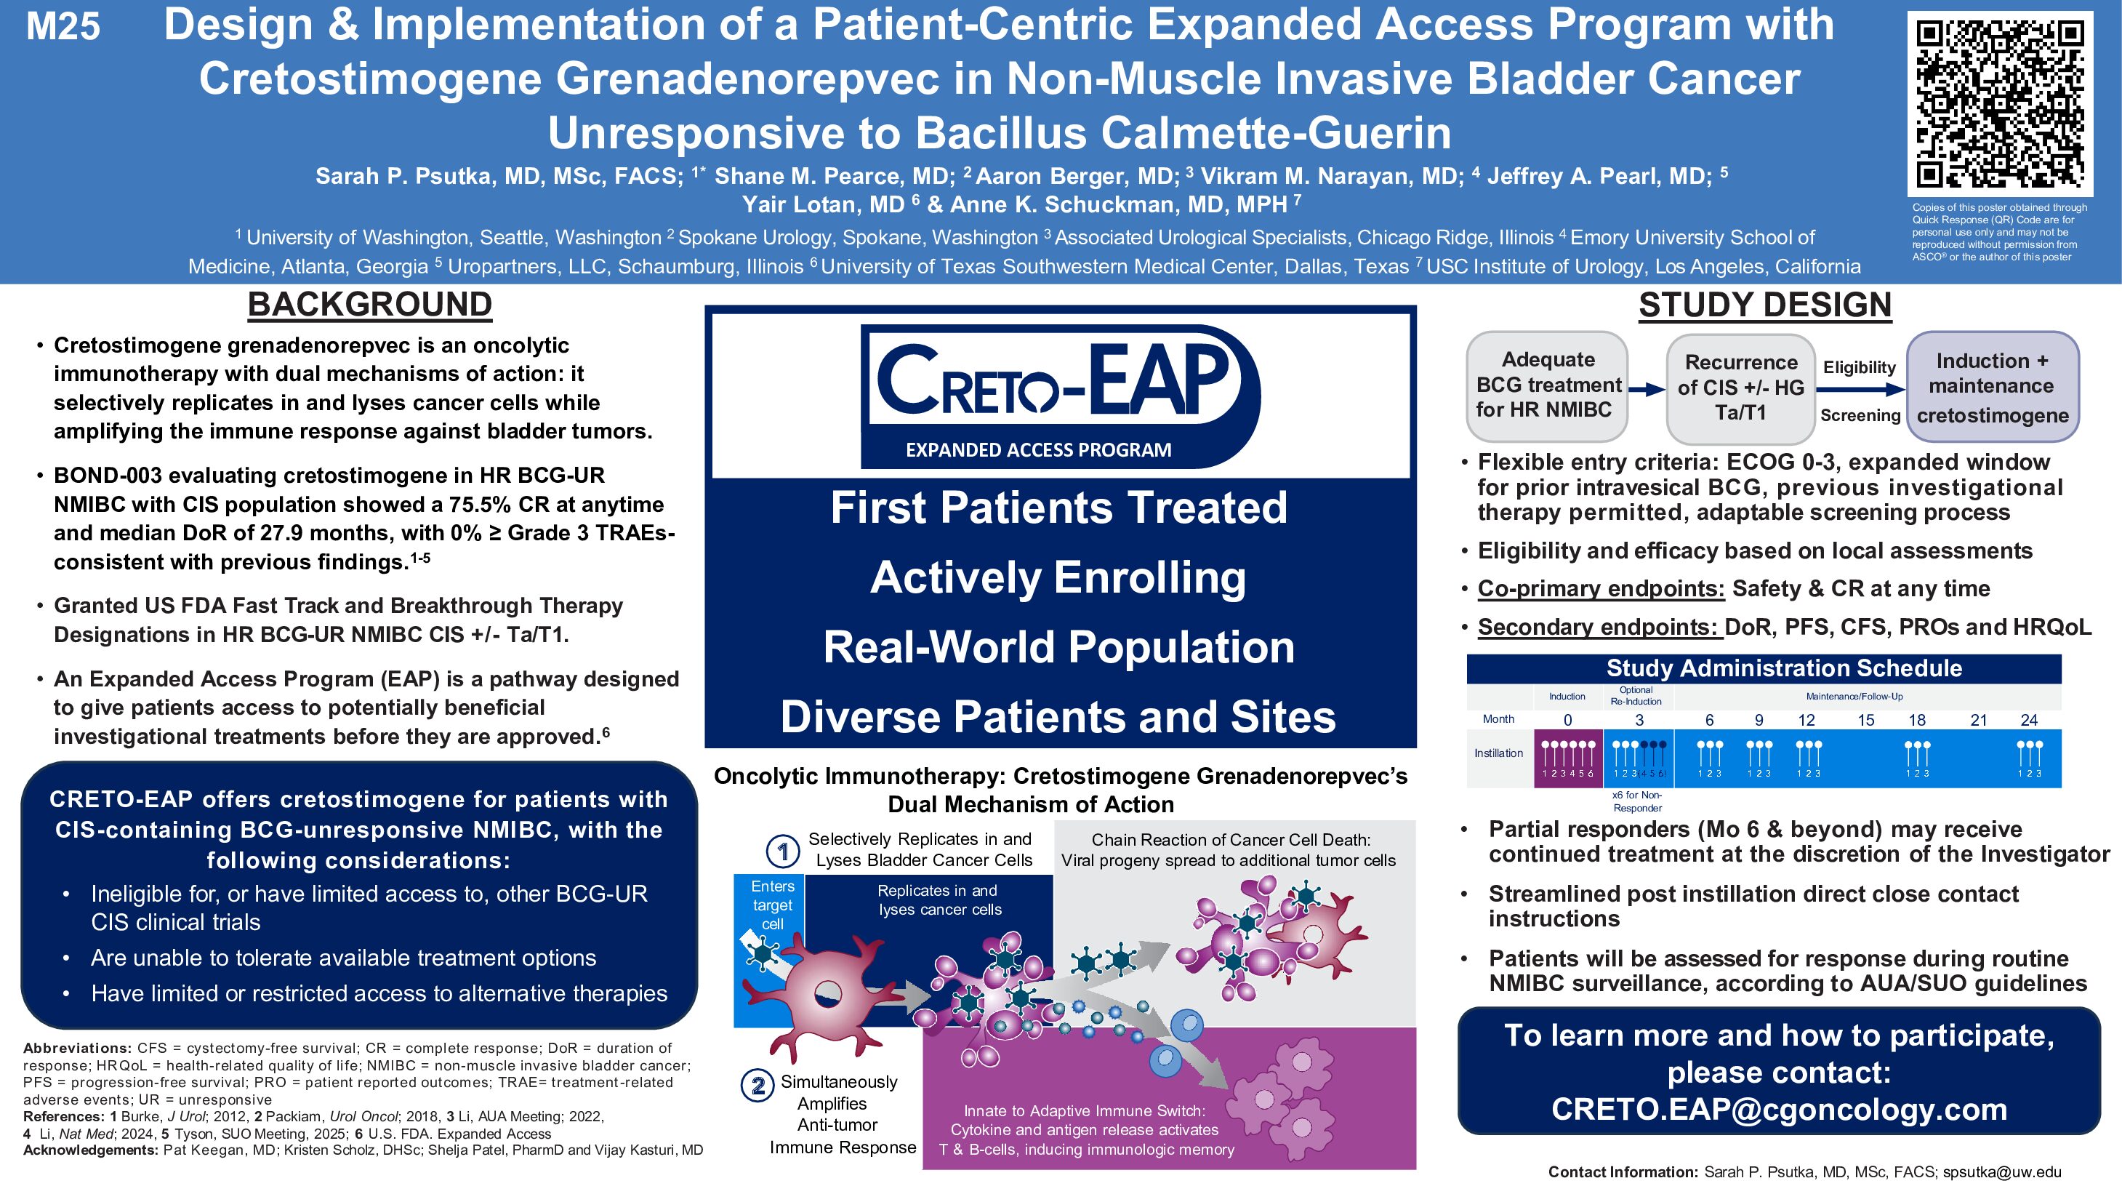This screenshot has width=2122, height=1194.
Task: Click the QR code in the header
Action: click(2000, 104)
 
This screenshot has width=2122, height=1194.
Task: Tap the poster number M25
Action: click(63, 26)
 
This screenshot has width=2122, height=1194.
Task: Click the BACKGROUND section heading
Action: click(370, 304)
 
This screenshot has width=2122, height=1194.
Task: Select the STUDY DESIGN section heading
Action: click(1764, 305)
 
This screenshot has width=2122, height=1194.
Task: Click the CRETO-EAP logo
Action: click(1060, 396)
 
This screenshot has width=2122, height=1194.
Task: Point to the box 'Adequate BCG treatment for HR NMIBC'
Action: click(1547, 385)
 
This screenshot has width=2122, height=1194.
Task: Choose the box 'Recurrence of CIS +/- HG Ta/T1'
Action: click(1740, 388)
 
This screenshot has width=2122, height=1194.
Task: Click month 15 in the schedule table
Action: click(1866, 719)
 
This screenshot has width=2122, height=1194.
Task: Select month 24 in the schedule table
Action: click(2029, 719)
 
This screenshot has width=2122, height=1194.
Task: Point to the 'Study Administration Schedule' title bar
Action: click(1764, 668)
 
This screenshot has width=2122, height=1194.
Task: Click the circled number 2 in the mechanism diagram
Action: click(757, 1085)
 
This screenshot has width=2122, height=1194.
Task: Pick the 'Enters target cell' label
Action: click(772, 905)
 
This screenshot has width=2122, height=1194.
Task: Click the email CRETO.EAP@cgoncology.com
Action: click(1780, 1109)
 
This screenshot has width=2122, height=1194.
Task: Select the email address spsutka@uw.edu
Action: click(2002, 1171)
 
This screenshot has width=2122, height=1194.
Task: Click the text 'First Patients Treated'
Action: click(1058, 507)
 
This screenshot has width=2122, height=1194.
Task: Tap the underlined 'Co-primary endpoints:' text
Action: click(1601, 588)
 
